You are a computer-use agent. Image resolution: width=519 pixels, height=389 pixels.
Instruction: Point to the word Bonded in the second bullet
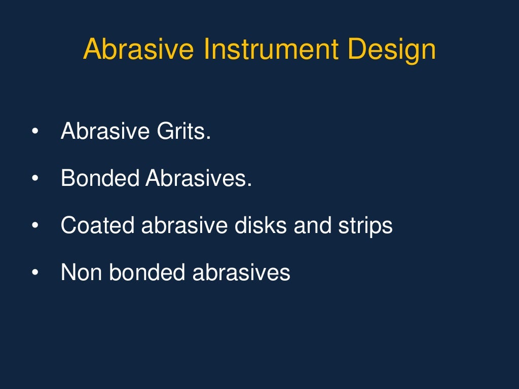[100, 179]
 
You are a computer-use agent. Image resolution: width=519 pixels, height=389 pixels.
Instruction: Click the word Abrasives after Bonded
[198, 179]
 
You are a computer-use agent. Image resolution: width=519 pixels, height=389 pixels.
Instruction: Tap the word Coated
[97, 225]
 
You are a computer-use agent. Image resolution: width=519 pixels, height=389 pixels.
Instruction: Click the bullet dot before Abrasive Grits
[34, 133]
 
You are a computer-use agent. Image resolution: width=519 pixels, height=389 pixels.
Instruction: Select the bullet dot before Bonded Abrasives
[34, 179]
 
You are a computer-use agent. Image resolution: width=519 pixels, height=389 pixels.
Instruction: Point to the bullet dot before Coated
[34, 226]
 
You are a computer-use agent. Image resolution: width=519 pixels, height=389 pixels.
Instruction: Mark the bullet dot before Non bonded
[34, 273]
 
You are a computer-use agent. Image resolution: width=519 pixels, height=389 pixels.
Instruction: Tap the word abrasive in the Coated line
[184, 225]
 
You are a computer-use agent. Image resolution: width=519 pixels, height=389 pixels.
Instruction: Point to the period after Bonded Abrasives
[249, 185]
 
